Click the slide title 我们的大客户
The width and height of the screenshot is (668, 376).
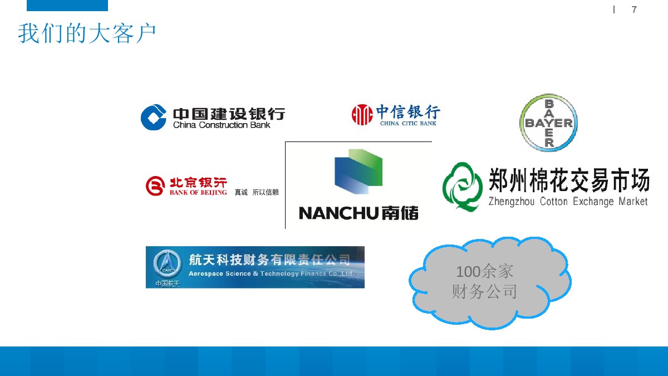(87, 34)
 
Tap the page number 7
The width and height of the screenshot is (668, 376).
(634, 10)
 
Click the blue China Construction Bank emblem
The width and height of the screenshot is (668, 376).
(154, 117)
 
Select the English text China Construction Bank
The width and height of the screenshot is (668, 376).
(222, 125)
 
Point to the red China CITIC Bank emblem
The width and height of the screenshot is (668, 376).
(362, 114)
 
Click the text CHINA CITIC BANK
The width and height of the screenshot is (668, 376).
(408, 124)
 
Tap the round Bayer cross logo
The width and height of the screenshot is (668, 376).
(548, 123)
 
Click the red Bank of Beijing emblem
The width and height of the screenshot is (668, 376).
(155, 186)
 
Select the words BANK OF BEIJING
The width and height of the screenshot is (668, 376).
(198, 193)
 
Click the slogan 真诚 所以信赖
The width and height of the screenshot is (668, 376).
(257, 193)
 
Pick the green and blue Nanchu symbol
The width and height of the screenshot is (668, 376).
(358, 172)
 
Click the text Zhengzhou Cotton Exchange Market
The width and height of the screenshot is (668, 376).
(568, 202)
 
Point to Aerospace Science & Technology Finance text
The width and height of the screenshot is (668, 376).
(271, 274)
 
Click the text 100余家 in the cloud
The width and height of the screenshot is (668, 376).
(484, 272)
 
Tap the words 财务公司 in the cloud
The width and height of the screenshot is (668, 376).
(484, 291)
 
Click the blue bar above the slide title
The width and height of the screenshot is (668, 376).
(67, 6)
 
